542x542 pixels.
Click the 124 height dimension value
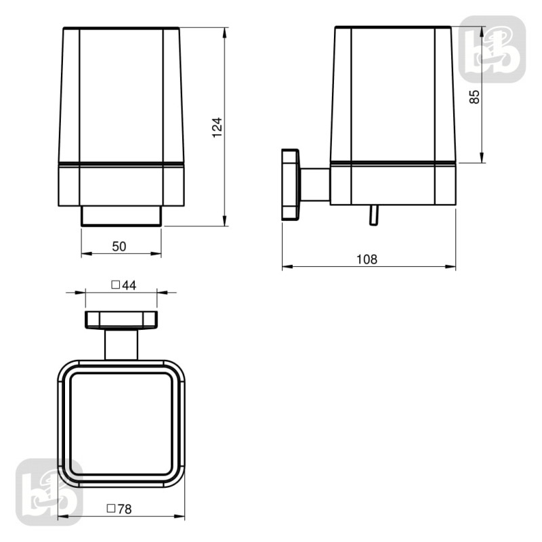click(x=217, y=127)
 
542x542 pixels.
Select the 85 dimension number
click(x=475, y=97)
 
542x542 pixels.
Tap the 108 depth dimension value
click(x=367, y=259)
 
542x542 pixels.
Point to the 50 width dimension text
click(x=119, y=247)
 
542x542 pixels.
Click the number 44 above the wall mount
click(x=129, y=285)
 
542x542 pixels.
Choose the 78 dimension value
click(x=125, y=509)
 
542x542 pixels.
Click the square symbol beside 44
click(x=115, y=285)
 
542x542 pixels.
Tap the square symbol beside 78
click(x=111, y=509)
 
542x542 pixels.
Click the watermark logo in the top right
click(x=493, y=49)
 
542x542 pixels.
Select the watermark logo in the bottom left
click(x=49, y=493)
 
